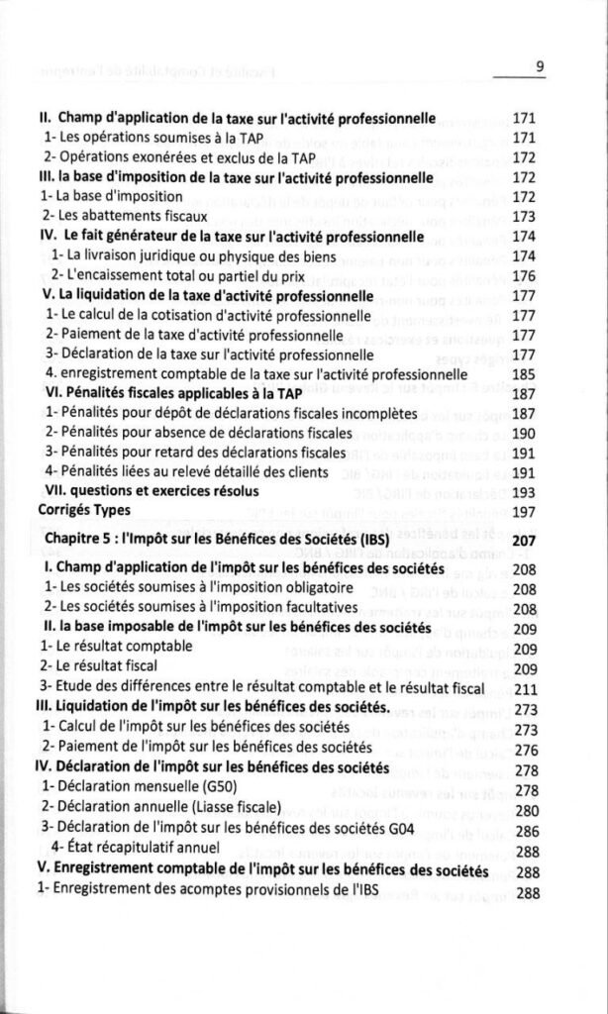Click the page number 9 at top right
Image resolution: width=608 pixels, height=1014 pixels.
(540, 67)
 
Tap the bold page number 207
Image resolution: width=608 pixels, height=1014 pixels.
(525, 541)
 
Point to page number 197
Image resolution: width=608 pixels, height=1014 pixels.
(525, 510)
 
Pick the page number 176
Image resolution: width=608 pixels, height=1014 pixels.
(525, 274)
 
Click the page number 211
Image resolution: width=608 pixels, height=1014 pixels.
(525, 687)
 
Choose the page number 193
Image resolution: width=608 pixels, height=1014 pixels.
(525, 491)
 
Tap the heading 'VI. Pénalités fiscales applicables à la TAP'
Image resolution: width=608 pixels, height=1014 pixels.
(171, 392)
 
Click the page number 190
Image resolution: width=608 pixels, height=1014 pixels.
(525, 432)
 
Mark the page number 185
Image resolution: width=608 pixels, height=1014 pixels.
(525, 373)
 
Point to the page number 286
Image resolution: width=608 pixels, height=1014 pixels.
(525, 829)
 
